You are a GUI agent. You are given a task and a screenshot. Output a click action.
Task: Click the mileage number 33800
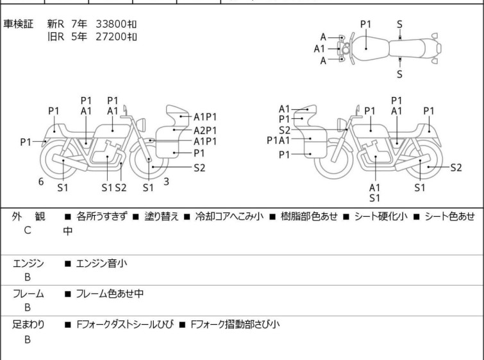pos(111,24)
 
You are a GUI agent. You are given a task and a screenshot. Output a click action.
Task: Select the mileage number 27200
pos(111,37)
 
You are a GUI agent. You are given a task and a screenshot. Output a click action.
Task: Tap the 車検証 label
pos(18,24)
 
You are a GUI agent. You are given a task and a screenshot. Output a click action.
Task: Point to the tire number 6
pos(41,182)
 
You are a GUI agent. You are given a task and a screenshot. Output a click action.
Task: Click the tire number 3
pos(167,182)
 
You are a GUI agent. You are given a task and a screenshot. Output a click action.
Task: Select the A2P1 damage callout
pos(205,130)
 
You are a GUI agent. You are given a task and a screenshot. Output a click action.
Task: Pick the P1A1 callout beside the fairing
pos(278,141)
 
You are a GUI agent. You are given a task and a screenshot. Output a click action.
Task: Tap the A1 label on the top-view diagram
pos(319,49)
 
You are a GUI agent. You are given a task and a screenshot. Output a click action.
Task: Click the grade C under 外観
pos(28,230)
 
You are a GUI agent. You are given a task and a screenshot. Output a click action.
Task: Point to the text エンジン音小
pos(101,264)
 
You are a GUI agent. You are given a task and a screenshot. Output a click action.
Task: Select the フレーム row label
pos(28,294)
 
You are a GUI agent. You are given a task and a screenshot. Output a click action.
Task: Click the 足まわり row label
pos(28,325)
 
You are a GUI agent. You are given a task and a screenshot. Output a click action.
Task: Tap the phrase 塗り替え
pos(162,216)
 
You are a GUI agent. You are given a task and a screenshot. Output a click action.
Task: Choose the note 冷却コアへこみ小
pos(229,216)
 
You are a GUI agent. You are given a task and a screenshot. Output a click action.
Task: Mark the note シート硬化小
pos(381,216)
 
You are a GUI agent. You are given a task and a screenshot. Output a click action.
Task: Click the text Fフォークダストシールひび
pos(125,325)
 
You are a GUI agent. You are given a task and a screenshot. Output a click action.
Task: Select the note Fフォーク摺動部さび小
pos(235,325)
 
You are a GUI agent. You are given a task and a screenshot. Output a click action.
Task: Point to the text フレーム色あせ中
pos(110,294)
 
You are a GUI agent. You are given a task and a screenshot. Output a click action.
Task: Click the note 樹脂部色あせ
pos(309,216)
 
